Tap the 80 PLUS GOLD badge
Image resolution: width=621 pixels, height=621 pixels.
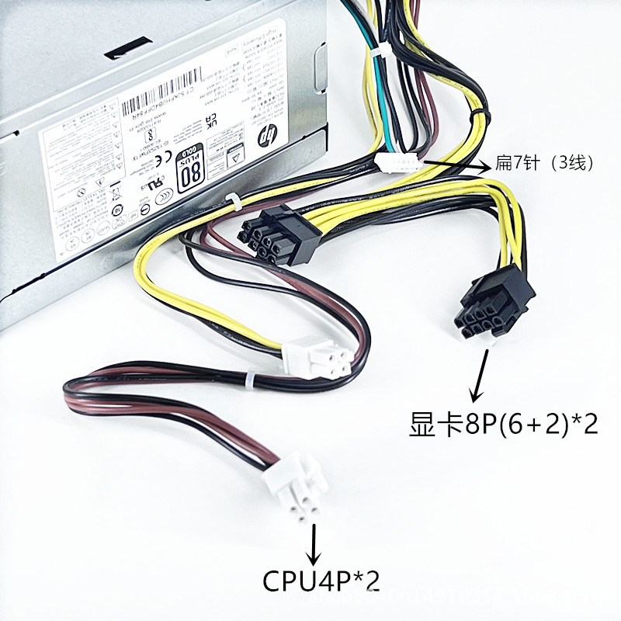coord(189,165)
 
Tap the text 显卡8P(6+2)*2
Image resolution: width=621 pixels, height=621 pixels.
coord(503,424)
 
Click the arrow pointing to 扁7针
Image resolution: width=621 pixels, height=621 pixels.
coord(458,165)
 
